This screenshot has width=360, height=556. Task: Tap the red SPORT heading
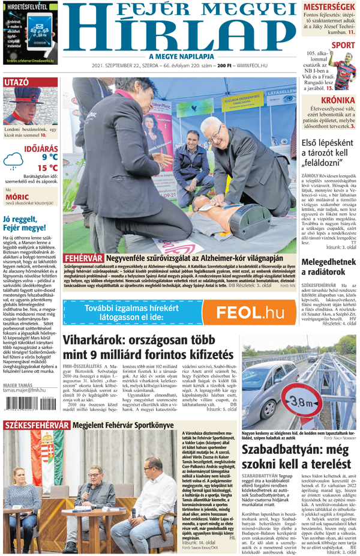[343, 45]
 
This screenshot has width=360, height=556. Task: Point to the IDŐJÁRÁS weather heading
[41, 147]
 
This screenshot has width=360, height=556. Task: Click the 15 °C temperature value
[47, 168]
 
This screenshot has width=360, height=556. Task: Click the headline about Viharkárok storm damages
[148, 346]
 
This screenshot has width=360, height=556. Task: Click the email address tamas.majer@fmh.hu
[25, 390]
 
